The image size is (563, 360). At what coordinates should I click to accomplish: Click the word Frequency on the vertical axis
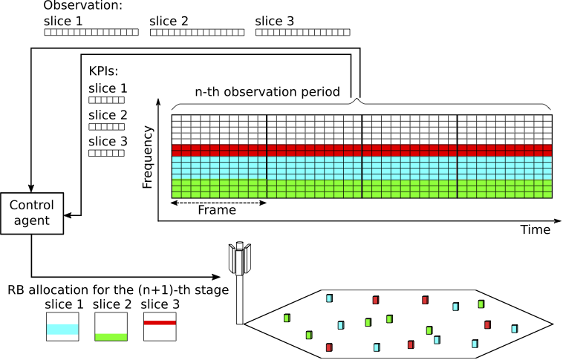[148, 157]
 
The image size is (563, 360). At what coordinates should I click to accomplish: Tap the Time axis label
[535, 230]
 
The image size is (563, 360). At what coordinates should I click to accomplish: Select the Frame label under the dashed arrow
[217, 210]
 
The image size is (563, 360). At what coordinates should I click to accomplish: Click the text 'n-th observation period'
[267, 92]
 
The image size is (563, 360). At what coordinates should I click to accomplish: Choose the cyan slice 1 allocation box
[62, 326]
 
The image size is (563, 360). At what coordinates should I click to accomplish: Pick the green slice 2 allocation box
[112, 326]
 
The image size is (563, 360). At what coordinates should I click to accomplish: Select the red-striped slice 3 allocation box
[160, 326]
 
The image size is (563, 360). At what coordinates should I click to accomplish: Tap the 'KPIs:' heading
[103, 72]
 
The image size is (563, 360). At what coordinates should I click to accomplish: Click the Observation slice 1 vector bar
[91, 33]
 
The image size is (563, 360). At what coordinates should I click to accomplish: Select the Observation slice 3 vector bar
[302, 33]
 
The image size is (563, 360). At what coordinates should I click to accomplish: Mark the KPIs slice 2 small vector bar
[106, 127]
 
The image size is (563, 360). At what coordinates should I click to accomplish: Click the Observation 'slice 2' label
[169, 22]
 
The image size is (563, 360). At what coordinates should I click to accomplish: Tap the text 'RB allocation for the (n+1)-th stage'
[118, 289]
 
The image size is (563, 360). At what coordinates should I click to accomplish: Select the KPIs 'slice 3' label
[108, 141]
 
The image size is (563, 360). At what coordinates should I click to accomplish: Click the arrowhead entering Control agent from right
[68, 215]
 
